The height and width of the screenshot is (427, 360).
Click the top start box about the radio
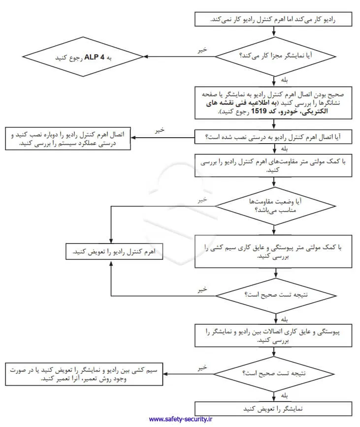pyautogui.click(x=273, y=19)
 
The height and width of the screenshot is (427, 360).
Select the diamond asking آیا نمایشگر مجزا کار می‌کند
pyautogui.click(x=273, y=56)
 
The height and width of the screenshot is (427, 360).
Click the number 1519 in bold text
pyautogui.click(x=259, y=112)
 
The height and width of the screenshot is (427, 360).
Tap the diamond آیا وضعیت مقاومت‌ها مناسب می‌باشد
pyautogui.click(x=273, y=206)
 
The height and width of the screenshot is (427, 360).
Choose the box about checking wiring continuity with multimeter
pyautogui.click(x=273, y=252)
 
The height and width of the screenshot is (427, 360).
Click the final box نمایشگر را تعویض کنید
pyautogui.click(x=273, y=409)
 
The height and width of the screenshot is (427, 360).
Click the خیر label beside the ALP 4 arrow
pyautogui.click(x=202, y=50)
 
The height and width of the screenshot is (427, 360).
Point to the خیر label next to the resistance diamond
pyautogui.click(x=202, y=200)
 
